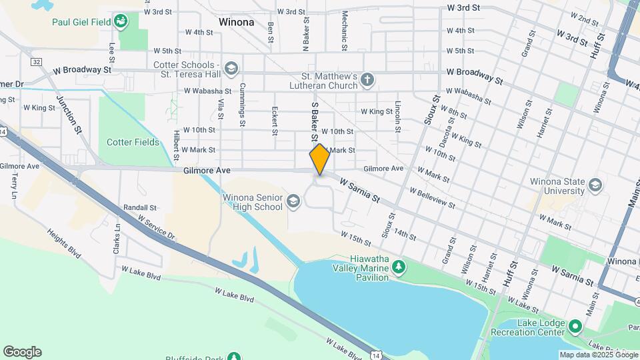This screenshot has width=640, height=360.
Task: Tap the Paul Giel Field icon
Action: [121, 22]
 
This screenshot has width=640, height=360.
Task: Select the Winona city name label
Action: [236, 22]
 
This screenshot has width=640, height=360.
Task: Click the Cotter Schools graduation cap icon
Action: [231, 68]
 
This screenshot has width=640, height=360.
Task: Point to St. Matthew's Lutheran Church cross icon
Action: [366, 81]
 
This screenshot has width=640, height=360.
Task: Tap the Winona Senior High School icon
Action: [293, 201]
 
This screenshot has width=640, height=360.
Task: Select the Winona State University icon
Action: [594, 185]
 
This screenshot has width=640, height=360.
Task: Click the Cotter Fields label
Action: [133, 142]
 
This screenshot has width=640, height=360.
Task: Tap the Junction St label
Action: [69, 113]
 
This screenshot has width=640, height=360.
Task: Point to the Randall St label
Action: [140, 207]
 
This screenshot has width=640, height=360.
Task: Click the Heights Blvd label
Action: [63, 244]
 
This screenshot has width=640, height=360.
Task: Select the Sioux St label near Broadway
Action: [432, 108]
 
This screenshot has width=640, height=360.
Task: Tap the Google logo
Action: [22, 352]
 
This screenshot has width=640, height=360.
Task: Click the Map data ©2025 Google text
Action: [598, 355]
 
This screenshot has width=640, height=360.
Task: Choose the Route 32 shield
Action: [36, 61]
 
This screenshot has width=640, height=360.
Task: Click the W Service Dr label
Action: [156, 227]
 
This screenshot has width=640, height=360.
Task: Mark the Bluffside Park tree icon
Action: [233, 357]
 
